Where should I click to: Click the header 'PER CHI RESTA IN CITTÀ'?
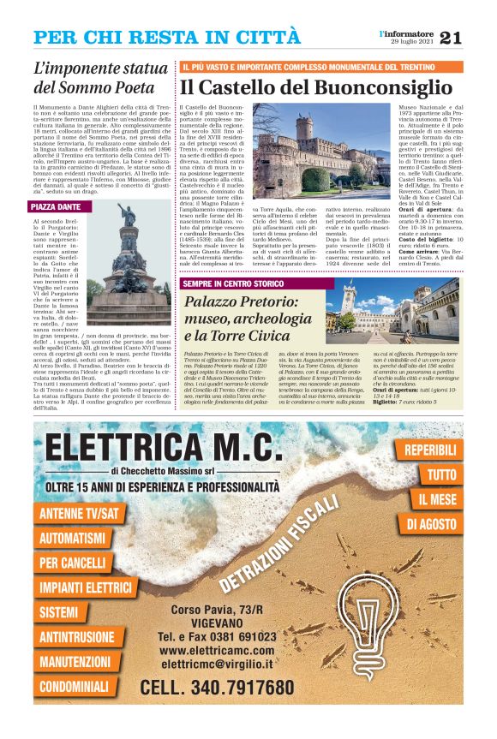[167, 38]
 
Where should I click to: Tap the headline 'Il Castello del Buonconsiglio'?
[314, 86]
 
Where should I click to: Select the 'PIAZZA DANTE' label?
[56, 207]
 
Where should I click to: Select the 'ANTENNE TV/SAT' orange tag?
[80, 514]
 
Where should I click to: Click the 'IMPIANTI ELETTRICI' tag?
[86, 588]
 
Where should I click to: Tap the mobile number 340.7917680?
[217, 688]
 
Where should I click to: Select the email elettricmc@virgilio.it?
[216, 664]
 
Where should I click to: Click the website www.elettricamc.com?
[216, 650]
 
